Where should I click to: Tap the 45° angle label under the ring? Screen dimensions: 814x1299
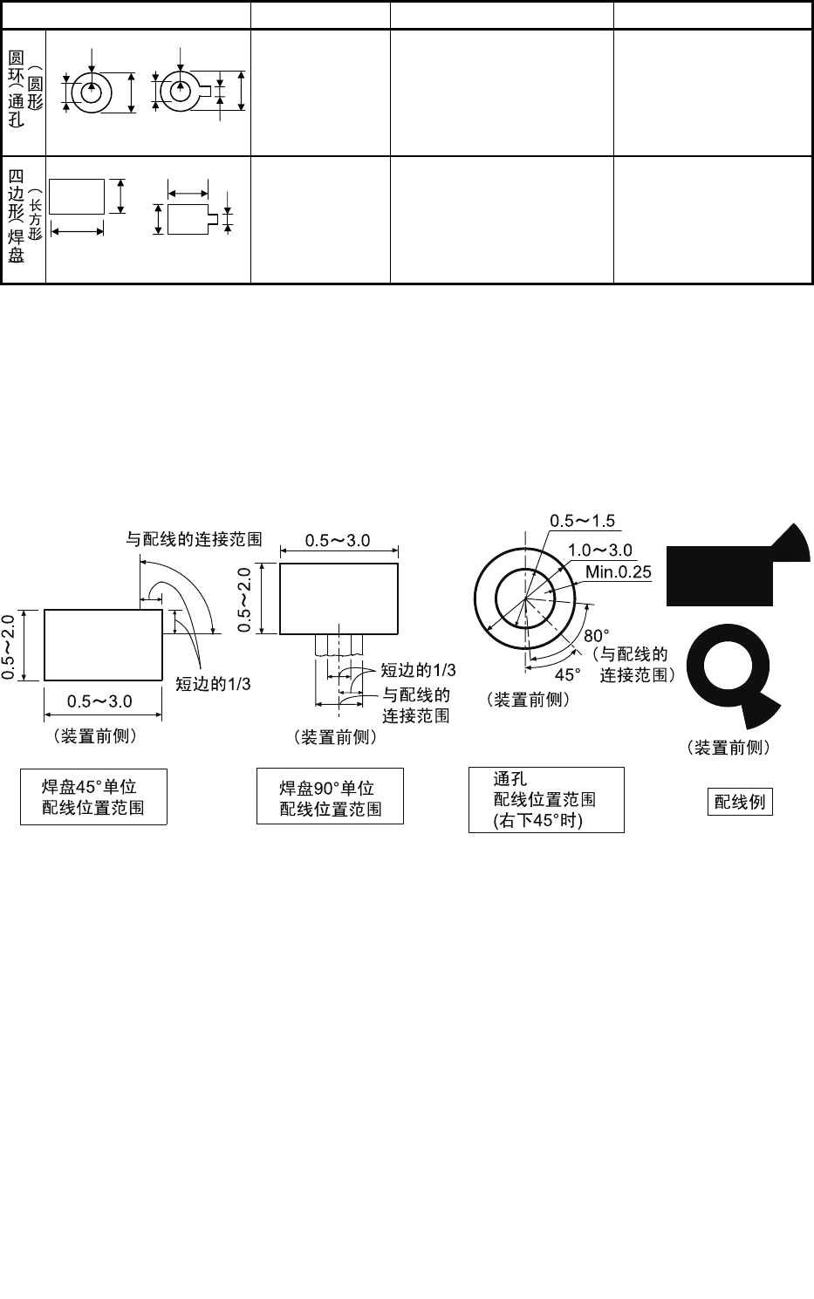click(568, 674)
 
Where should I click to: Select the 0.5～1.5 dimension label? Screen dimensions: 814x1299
click(582, 521)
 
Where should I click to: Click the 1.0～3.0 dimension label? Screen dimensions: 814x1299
click(600, 550)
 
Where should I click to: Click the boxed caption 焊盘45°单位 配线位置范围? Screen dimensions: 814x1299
click(93, 796)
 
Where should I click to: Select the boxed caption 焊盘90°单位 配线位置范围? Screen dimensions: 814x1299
click(330, 796)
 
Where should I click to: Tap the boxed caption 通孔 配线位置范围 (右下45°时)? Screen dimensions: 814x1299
click(545, 799)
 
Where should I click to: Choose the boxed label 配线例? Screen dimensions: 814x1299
click(739, 801)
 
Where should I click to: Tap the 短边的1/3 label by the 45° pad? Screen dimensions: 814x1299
click(214, 684)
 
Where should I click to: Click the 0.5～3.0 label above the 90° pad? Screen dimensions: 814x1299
click(338, 541)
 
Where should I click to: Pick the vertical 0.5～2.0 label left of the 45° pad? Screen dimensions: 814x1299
click(10, 646)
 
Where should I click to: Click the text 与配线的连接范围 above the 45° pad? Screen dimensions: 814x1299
click(195, 538)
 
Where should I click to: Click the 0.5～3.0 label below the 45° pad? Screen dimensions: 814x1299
click(100, 701)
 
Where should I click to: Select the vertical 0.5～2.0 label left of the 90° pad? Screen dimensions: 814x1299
click(246, 599)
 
